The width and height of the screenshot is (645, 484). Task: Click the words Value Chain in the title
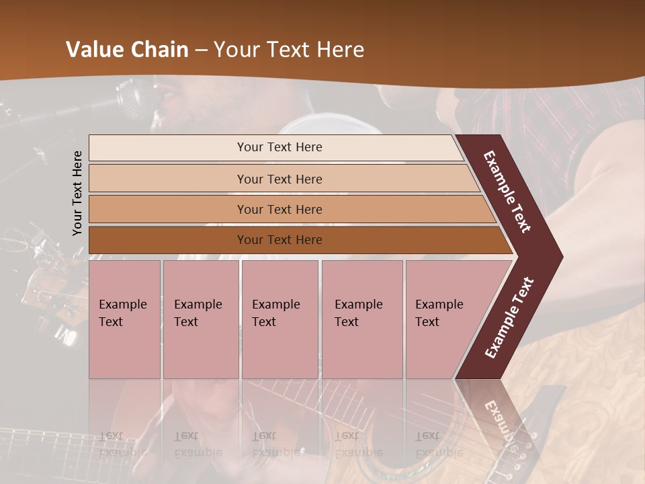[127, 50]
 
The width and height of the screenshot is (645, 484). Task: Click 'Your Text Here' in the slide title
[288, 50]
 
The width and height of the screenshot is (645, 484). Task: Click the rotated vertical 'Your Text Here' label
[78, 193]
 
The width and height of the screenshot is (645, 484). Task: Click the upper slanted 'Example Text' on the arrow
[507, 192]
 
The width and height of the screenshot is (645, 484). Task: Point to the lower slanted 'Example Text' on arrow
[509, 318]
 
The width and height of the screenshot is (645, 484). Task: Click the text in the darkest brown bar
[279, 240]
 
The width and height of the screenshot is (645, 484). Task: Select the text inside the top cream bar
[279, 147]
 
